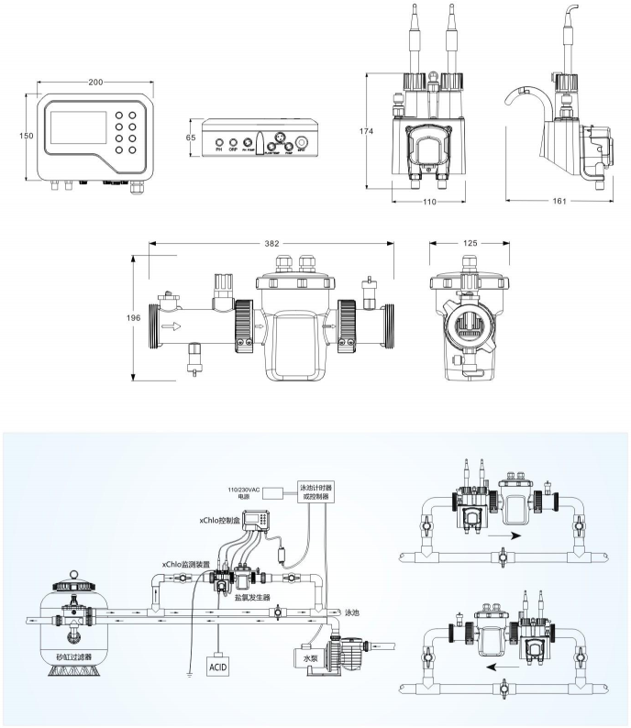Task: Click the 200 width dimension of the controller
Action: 95,83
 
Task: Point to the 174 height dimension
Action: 366,131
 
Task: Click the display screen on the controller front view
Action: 78,129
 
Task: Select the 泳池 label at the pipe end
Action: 353,612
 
